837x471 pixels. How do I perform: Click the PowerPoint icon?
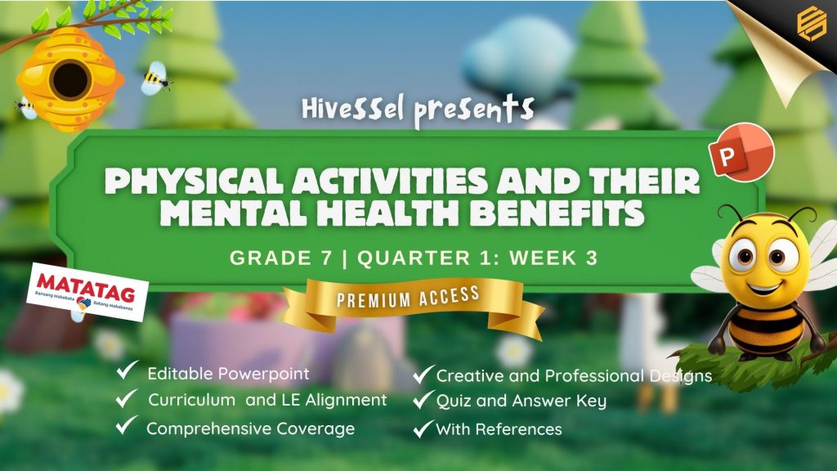pyautogui.click(x=741, y=152)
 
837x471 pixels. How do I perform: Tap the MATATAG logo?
pyautogui.click(x=87, y=292)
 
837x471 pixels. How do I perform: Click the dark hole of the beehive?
pyautogui.click(x=69, y=79)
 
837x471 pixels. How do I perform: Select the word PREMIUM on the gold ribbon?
pyautogui.click(x=374, y=299)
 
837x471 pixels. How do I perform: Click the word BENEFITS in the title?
pyautogui.click(x=557, y=213)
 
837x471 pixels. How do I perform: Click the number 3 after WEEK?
pyautogui.click(x=592, y=258)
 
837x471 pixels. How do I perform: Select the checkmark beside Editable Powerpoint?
pyautogui.click(x=127, y=370)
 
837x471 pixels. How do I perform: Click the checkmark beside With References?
pyautogui.click(x=423, y=428)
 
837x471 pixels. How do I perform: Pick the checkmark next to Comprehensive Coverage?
pyautogui.click(x=127, y=425)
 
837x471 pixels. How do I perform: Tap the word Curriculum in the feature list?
pyautogui.click(x=191, y=400)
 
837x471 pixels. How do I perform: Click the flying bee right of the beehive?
pyautogui.click(x=155, y=78)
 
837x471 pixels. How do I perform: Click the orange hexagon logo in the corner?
pyautogui.click(x=812, y=22)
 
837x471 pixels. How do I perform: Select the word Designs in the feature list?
pyautogui.click(x=681, y=376)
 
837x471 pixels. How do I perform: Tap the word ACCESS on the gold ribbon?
pyautogui.click(x=449, y=295)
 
